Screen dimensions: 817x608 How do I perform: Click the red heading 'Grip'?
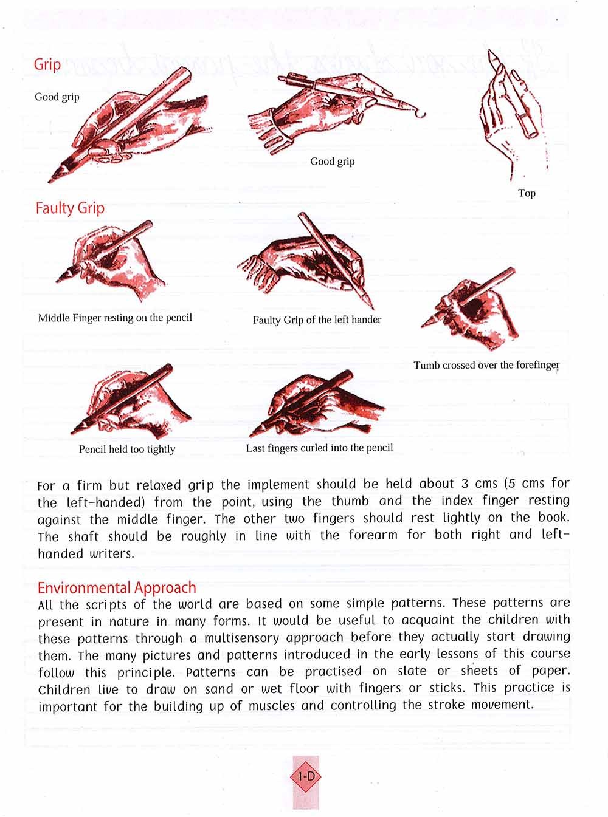click(x=47, y=64)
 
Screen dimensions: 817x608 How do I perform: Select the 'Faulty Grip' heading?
click(x=70, y=208)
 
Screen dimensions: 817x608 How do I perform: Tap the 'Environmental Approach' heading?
click(x=117, y=587)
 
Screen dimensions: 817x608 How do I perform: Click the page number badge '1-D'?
click(x=306, y=776)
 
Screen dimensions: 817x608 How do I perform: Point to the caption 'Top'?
click(x=527, y=193)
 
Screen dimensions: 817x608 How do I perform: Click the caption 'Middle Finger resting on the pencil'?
click(x=115, y=318)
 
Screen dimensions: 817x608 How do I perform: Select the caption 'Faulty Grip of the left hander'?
click(x=317, y=320)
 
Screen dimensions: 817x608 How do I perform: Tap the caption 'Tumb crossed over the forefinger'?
click(x=486, y=365)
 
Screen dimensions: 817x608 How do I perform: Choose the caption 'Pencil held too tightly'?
click(x=127, y=449)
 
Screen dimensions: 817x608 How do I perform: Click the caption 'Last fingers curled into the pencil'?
click(x=319, y=448)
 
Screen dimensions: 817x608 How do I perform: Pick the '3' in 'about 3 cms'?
click(x=464, y=484)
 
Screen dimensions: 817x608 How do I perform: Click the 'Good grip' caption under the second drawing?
click(x=332, y=161)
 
